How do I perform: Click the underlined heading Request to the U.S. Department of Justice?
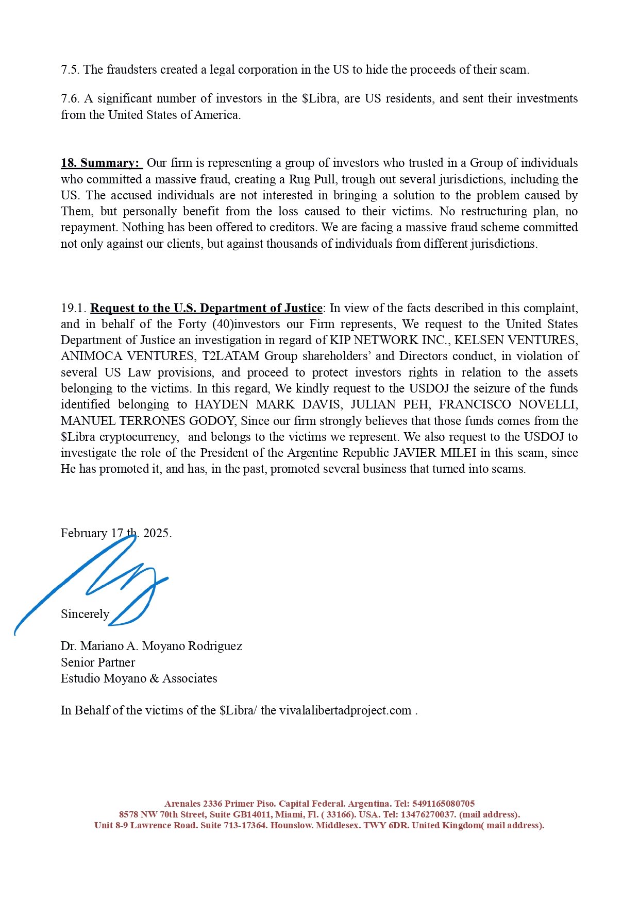[x=206, y=308]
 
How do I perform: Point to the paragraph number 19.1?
[x=73, y=308]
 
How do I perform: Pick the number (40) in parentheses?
[x=223, y=324]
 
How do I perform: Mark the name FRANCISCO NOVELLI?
[x=508, y=404]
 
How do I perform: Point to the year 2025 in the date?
[x=156, y=533]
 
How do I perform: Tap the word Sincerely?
[x=85, y=614]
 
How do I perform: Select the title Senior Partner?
[x=98, y=662]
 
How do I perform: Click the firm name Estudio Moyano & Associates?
[x=139, y=678]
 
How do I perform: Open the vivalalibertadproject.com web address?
[x=345, y=710]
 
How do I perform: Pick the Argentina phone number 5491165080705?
[x=443, y=804]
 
